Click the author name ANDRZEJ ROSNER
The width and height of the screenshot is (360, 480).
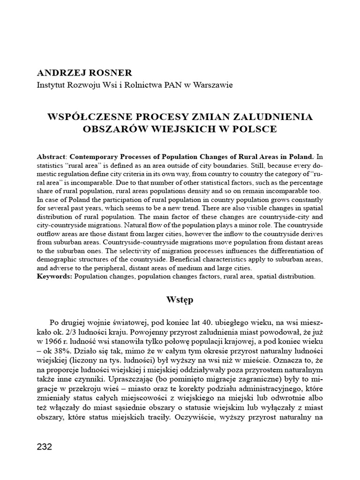tap(84, 73)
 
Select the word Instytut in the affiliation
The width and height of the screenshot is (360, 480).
tap(51, 85)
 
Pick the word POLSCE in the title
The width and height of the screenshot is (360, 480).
tap(255, 128)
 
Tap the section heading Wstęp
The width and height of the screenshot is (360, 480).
tap(180, 299)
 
